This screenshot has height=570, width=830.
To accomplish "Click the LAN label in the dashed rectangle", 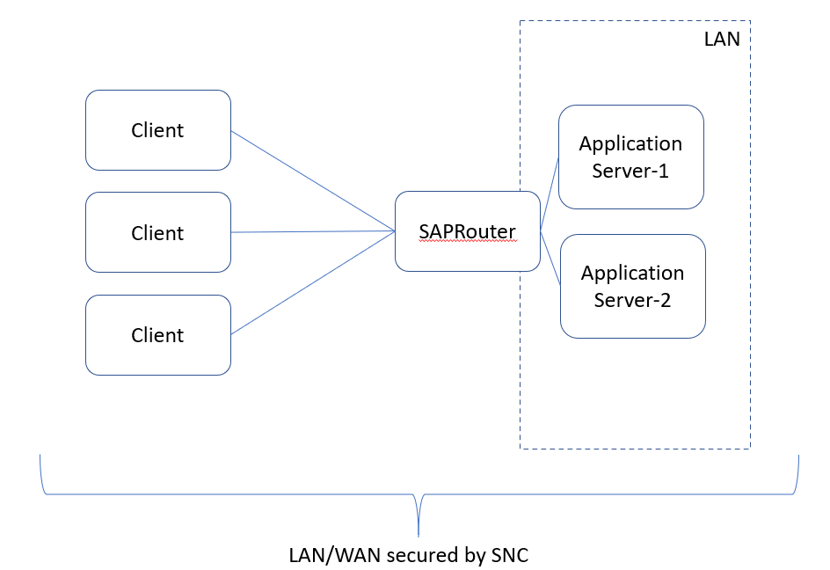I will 722,40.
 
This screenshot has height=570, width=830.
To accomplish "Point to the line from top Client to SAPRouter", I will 312,181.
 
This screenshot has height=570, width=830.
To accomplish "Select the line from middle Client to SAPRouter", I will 312,232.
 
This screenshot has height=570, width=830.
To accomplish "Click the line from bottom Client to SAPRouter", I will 312,283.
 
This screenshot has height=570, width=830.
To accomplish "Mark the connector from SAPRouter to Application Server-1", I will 550,194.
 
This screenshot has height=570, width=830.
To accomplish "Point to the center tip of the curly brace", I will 419,533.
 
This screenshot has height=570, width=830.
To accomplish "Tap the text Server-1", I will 630,171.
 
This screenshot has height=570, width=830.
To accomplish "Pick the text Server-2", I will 632,300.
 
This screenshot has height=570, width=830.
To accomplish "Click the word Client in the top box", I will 157,130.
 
